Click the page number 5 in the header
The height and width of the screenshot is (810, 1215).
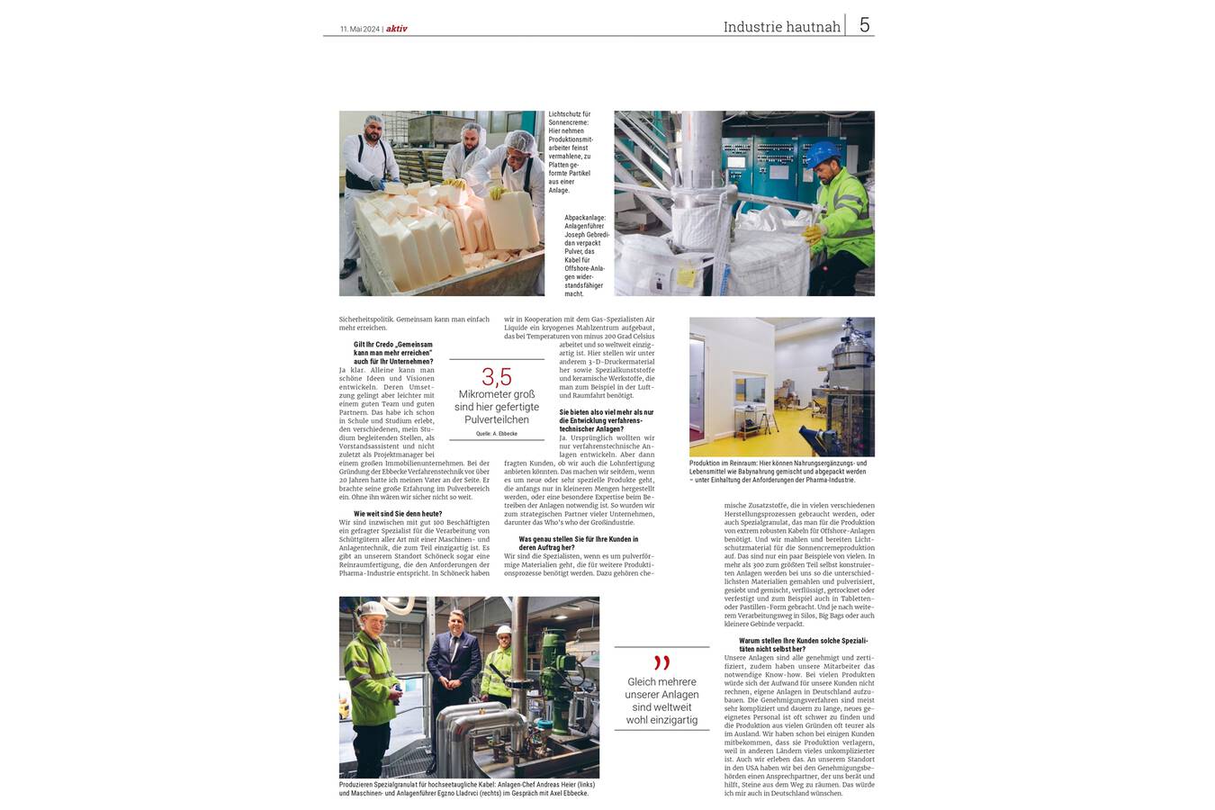[864, 25]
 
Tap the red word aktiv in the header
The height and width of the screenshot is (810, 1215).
[397, 29]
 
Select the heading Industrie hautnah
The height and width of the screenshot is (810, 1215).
[781, 27]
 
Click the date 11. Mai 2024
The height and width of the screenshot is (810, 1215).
[360, 29]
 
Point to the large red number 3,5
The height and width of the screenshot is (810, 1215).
[496, 377]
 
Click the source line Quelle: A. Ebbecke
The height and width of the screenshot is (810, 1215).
[497, 434]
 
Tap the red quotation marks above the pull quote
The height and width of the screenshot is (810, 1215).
[661, 663]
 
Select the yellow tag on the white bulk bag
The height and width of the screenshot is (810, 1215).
[686, 277]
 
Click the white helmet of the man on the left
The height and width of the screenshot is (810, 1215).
[371, 609]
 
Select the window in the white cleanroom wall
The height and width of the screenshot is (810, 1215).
[750, 388]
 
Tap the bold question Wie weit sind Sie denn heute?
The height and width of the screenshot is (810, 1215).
[398, 514]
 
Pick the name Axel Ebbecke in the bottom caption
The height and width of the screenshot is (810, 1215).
[565, 793]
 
